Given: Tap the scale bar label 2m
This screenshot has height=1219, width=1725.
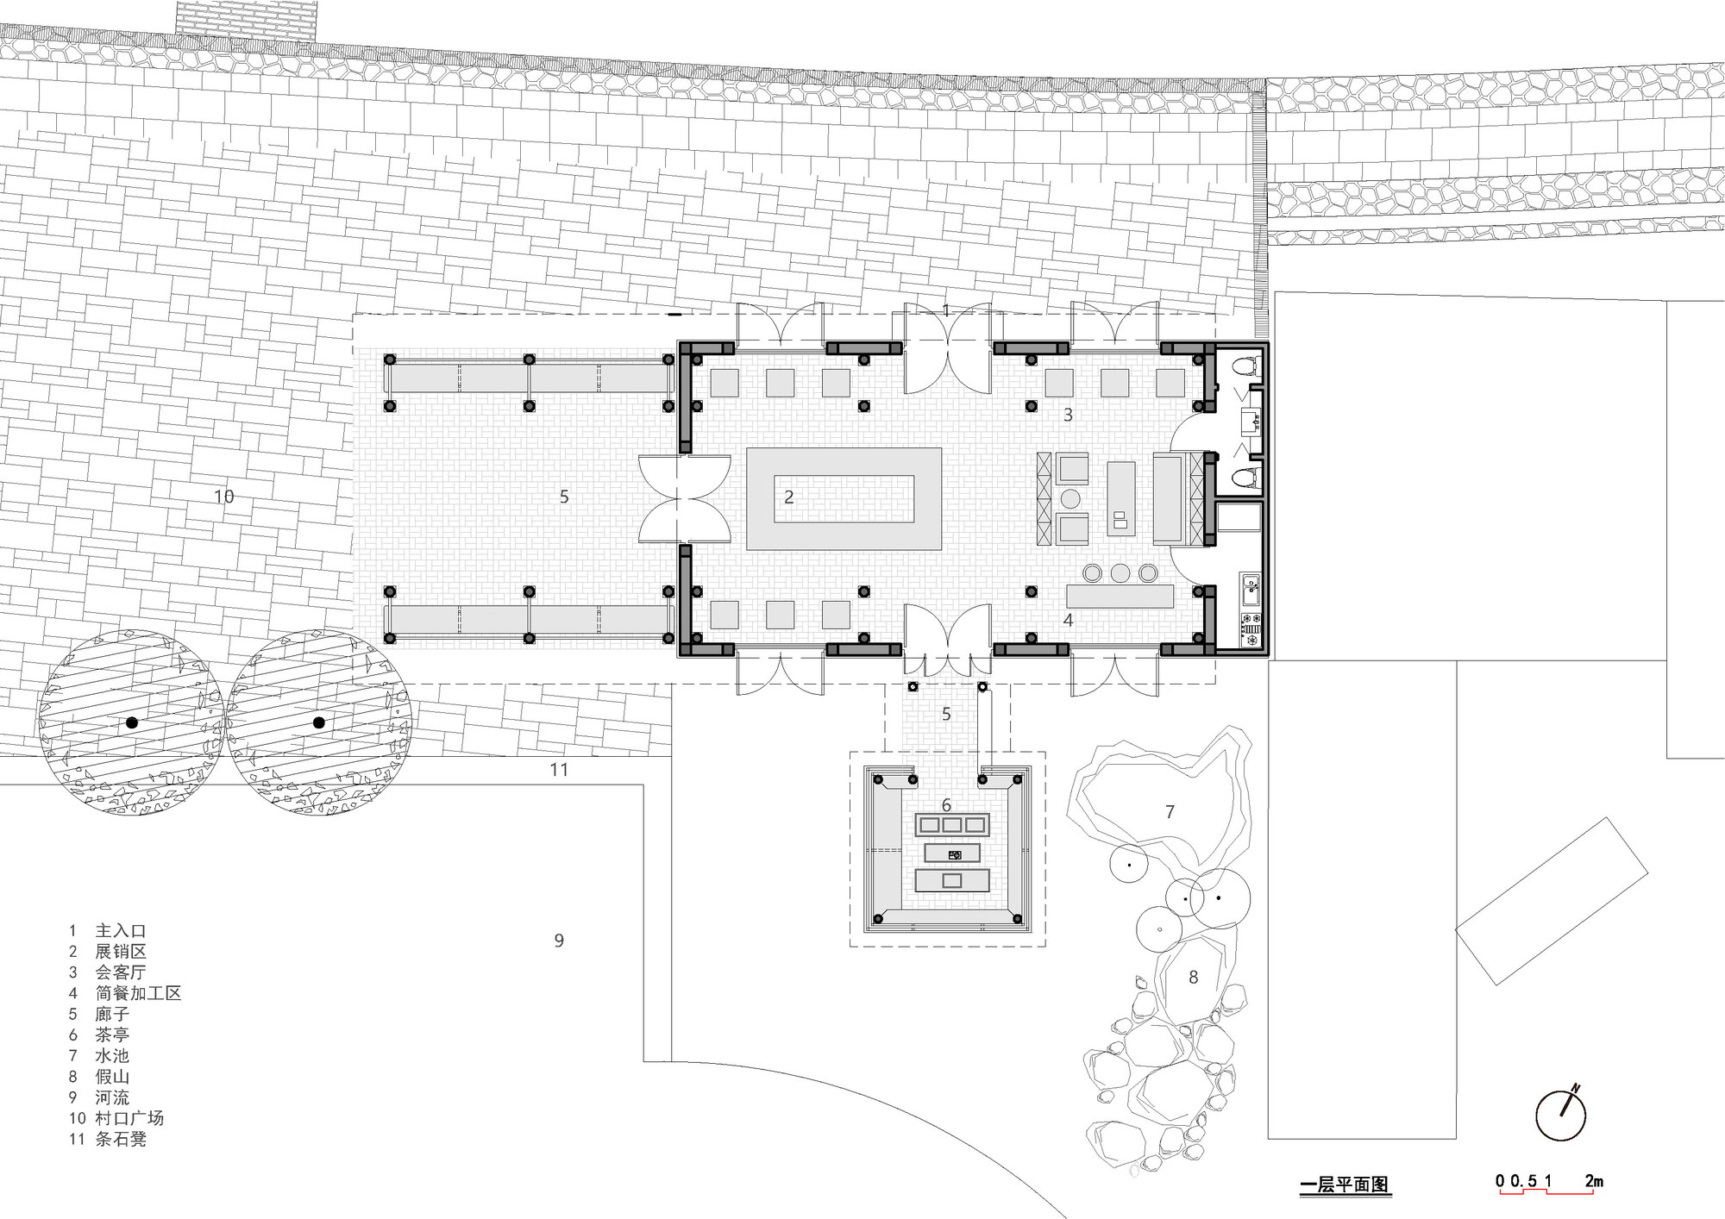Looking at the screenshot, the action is [1594, 1180].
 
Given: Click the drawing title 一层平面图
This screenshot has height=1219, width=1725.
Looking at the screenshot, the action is [1345, 1185].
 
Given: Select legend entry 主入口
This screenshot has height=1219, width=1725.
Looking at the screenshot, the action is [121, 931].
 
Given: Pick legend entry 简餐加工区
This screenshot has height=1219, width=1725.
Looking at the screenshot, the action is [138, 993].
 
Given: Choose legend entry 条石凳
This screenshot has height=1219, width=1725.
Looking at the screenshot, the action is [121, 1139].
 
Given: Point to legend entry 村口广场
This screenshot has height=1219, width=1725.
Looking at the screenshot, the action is [129, 1118].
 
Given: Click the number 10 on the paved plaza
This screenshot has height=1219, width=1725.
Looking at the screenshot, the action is [224, 497].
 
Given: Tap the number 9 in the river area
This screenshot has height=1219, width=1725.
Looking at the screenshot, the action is [559, 941].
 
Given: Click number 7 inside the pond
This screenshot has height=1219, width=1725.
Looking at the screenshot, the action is [1170, 812].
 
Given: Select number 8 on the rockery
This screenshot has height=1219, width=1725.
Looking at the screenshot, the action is [1194, 978].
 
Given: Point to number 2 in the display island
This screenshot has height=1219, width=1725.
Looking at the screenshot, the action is [788, 497].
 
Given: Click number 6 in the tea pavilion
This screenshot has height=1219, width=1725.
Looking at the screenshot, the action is [946, 805].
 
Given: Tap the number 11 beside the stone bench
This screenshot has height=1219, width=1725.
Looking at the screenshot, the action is [559, 770].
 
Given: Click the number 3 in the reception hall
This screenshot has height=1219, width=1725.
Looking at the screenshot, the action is [1068, 415].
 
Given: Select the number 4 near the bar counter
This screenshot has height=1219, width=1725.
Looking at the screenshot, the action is [1068, 620].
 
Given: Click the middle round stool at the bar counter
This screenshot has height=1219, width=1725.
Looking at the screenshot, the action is [1120, 572].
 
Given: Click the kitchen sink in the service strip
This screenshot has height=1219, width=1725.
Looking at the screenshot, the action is [1250, 591].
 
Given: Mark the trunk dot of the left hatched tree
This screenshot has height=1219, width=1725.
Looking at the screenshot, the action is [131, 722].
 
